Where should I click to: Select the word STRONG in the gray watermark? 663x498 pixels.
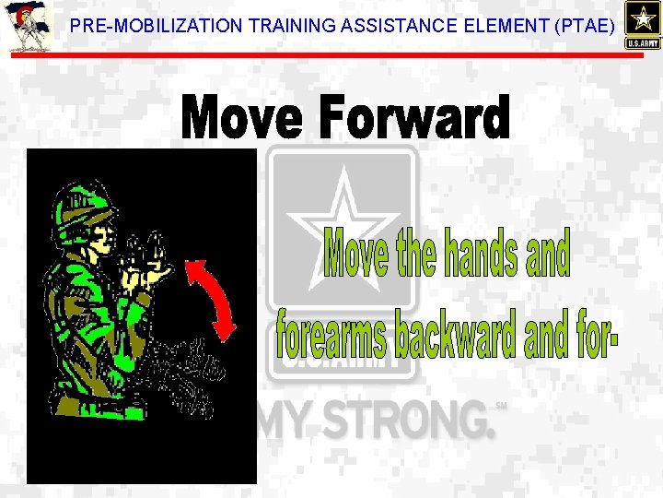[418, 421]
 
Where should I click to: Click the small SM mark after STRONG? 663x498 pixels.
[502, 406]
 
